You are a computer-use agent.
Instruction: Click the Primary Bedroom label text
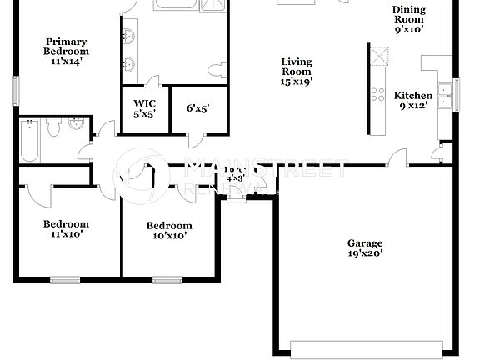tap(66, 52)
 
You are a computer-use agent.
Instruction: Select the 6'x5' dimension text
tap(197, 108)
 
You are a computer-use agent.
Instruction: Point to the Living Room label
tap(297, 72)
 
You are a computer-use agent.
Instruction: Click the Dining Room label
tap(408, 19)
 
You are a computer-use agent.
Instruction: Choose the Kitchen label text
tap(412, 100)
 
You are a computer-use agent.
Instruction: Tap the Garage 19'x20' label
tap(365, 248)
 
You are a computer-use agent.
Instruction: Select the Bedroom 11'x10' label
tap(66, 229)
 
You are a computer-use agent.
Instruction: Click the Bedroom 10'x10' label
tap(169, 231)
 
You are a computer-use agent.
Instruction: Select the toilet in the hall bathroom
tap(54, 127)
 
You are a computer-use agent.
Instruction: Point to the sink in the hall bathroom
tap(76, 124)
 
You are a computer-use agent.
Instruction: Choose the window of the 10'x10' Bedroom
tap(167, 279)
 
